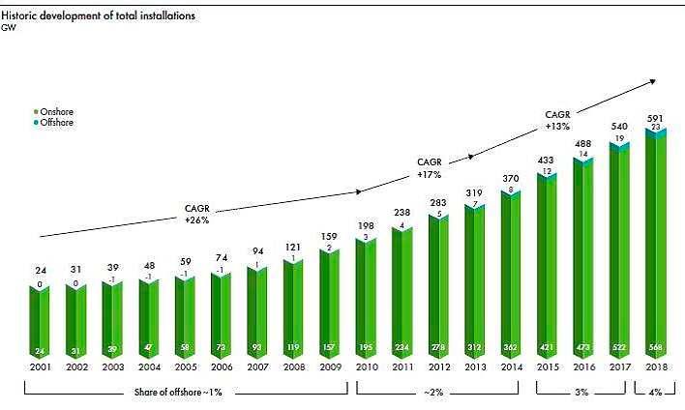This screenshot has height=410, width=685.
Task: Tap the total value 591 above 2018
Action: [656, 116]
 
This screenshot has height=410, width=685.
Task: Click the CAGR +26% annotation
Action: [197, 215]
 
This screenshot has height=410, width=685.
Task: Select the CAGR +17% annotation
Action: [430, 168]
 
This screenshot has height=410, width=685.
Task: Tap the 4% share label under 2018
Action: [657, 393]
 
